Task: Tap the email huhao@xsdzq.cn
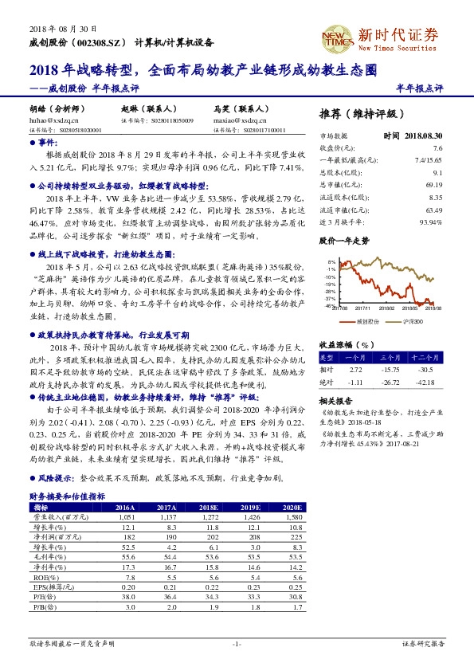pos(49,120)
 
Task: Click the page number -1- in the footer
pos(236,642)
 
